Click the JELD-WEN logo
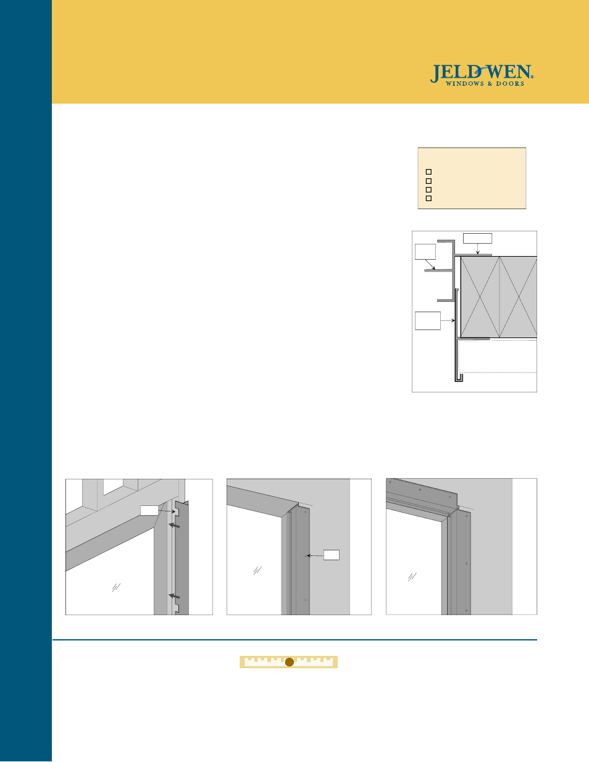482,73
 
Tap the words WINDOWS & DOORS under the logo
485,84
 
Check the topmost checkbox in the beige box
428,172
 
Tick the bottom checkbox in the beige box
428,199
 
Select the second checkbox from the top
428,181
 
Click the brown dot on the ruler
289,662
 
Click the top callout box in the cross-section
477,238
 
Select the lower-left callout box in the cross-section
427,321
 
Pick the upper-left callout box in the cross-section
425,252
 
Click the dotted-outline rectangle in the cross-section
497,356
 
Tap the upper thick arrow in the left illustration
175,526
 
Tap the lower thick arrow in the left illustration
175,596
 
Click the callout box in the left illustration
149,510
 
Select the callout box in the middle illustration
332,555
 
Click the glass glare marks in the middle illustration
257,571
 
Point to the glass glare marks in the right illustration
412,577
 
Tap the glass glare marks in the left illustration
115,587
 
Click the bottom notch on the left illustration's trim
177,608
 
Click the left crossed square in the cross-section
480,297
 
